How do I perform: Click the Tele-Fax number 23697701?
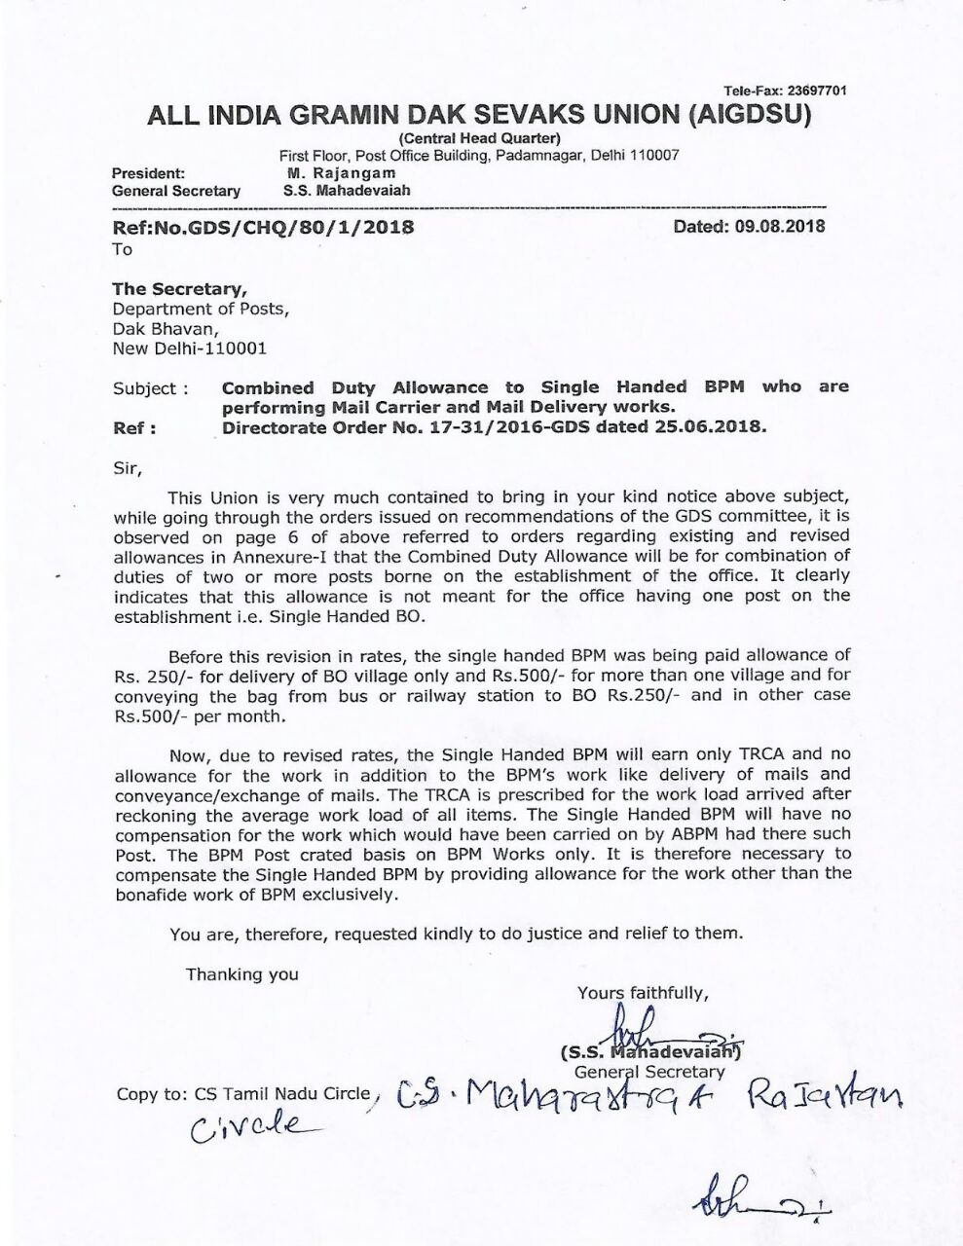coord(815,91)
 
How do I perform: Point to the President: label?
coord(149,173)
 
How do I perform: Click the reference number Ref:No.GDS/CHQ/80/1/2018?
coord(263,228)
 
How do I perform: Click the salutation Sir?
coord(128,467)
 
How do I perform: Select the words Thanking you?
coord(242,974)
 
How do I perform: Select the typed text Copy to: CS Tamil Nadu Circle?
coord(244,1093)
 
